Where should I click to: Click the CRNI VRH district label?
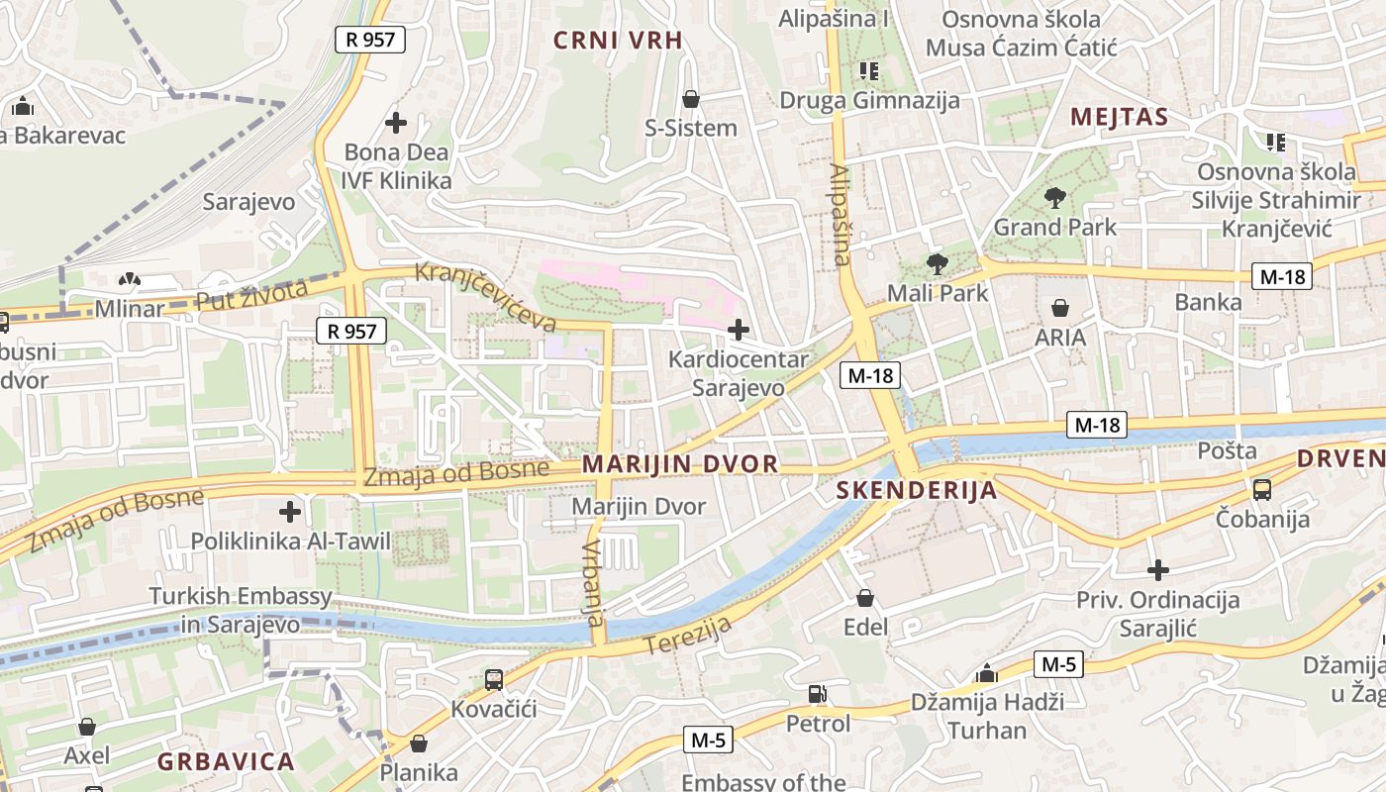pos(618,41)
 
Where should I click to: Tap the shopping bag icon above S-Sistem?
pos(691,99)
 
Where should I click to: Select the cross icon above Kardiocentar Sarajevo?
pos(738,330)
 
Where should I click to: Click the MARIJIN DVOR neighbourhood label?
pos(680,464)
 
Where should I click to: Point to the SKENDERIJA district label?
pos(916,490)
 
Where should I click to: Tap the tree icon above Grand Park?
pos(1054,197)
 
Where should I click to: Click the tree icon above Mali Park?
pos(937,263)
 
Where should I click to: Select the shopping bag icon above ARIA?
pos(1060,308)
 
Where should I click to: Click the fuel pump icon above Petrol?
pos(818,694)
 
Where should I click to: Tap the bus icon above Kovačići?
pos(494,680)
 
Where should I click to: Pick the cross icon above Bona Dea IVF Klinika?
pos(396,123)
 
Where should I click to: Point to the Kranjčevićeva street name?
pos(485,297)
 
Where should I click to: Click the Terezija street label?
pos(688,635)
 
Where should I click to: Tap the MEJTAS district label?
pos(1119,117)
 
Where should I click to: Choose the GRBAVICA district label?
pos(226,762)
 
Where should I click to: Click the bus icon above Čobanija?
pos(1261,489)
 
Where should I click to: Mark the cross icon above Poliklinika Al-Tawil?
pos(290,512)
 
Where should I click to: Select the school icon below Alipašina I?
pos(869,70)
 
